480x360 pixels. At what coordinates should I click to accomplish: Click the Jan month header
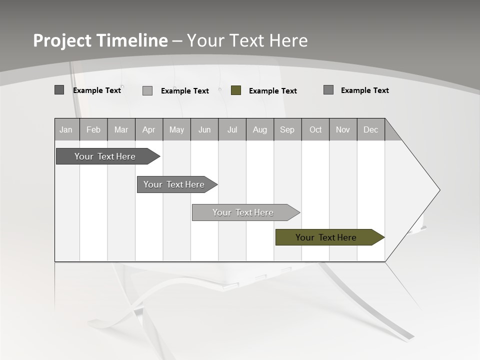click(x=66, y=129)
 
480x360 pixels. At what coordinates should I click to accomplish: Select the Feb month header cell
click(x=93, y=129)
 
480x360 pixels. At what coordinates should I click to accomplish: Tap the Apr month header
click(x=149, y=129)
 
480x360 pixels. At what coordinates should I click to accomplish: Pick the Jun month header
click(x=204, y=129)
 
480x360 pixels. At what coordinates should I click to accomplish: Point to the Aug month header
click(x=260, y=129)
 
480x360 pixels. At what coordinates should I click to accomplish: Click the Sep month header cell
click(x=287, y=129)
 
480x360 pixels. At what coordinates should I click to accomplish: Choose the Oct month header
click(x=315, y=129)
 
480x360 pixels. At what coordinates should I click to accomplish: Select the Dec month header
click(x=371, y=129)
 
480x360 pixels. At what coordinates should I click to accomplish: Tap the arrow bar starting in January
click(x=105, y=156)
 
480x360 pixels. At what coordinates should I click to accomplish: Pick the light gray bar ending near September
click(x=243, y=212)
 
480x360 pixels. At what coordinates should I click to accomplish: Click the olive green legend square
click(x=236, y=90)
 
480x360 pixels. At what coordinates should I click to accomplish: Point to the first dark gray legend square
click(x=59, y=90)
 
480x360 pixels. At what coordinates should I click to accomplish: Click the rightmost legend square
click(x=328, y=90)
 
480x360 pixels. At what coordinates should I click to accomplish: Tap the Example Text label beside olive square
click(x=273, y=91)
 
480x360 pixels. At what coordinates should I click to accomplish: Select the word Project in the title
click(x=62, y=40)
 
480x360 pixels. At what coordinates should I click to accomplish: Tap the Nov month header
click(x=343, y=129)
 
